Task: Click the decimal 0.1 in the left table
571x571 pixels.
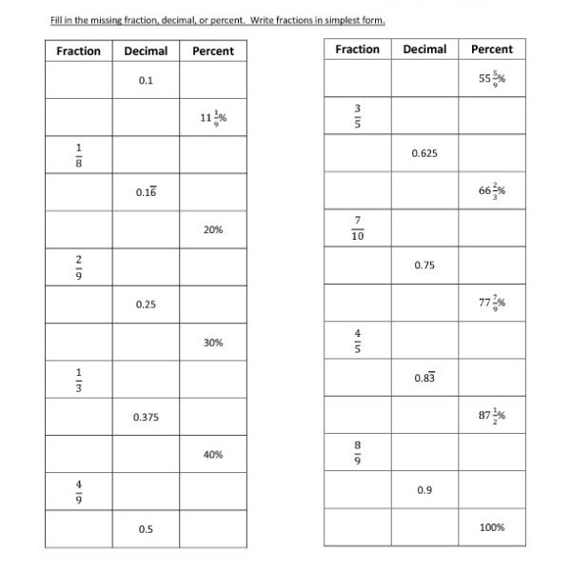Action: point(146,81)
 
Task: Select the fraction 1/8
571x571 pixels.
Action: point(79,155)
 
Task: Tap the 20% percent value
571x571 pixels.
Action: point(213,230)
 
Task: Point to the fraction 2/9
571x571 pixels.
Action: point(79,267)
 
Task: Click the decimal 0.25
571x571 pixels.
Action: point(146,305)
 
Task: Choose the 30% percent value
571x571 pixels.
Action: point(213,343)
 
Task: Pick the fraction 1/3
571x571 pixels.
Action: point(79,380)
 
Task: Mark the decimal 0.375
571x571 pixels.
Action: point(146,417)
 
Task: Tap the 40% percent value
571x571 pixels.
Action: point(213,455)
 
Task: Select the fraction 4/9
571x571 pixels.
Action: point(79,492)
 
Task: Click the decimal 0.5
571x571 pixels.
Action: point(146,529)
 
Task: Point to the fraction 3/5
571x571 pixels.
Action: point(358,115)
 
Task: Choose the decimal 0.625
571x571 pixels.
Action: point(424,152)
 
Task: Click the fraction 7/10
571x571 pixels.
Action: point(358,228)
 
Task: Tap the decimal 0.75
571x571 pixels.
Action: point(424,266)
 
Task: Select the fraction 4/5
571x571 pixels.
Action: point(358,340)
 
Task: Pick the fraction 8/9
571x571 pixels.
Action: point(358,452)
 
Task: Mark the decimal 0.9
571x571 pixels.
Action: point(424,490)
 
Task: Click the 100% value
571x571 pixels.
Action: point(492,527)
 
